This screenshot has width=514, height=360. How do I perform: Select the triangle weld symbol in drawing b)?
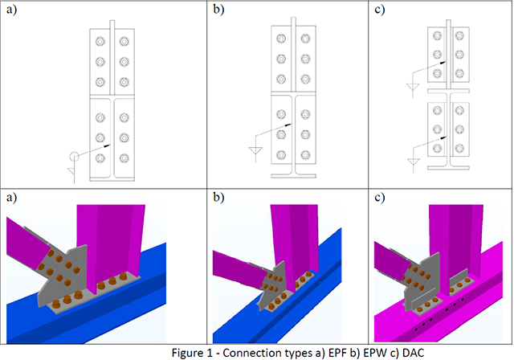(x=256, y=150)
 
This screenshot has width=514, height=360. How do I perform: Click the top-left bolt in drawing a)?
(x=100, y=42)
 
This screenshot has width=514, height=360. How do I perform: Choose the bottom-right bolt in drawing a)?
(x=124, y=158)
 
